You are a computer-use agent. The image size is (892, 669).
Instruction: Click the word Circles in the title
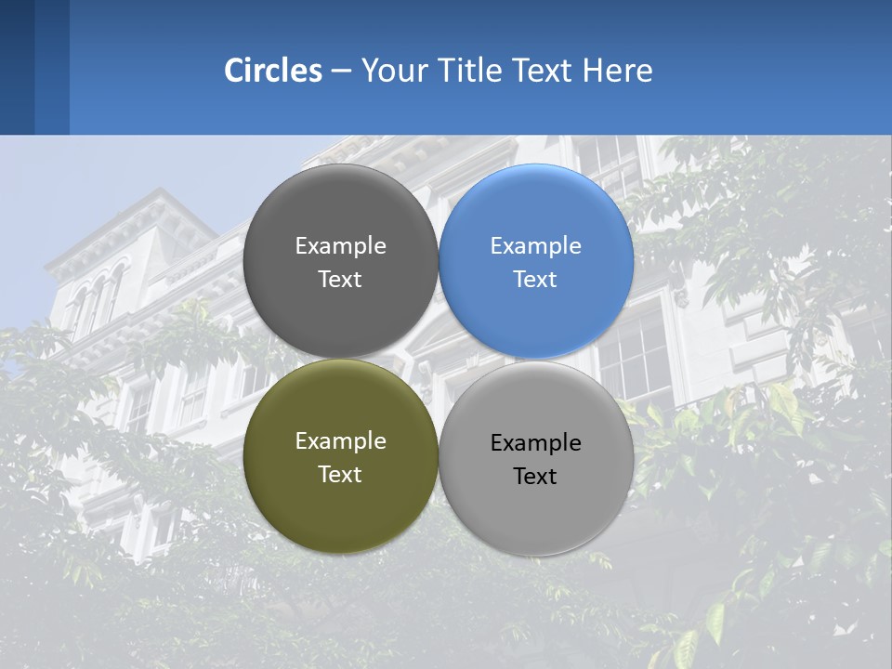tap(272, 71)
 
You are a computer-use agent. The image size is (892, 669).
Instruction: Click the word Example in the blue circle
tap(536, 246)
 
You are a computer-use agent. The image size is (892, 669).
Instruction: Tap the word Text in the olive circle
tap(340, 475)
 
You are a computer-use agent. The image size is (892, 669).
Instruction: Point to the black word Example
tap(536, 443)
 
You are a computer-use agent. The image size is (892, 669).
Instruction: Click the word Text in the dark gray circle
tap(340, 280)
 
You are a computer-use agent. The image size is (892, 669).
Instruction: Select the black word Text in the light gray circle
tap(535, 477)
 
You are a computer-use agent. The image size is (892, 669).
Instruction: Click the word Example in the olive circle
tap(340, 441)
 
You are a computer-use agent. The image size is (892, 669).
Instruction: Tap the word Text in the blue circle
tap(535, 280)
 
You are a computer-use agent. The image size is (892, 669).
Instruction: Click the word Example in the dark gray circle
tap(340, 246)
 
